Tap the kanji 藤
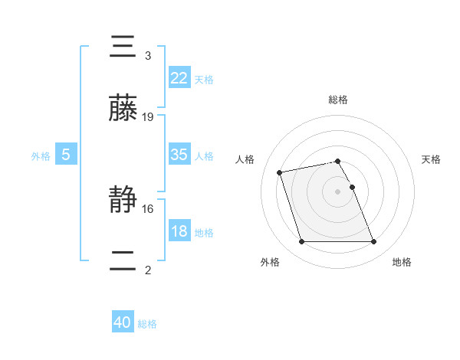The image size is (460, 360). [123, 109]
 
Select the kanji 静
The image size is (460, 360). [123, 201]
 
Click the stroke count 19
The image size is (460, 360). [148, 117]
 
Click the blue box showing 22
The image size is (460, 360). [179, 77]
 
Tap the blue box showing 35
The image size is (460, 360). [179, 155]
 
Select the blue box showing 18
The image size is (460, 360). [179, 231]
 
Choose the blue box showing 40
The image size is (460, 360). [123, 322]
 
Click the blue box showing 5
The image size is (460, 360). [66, 155]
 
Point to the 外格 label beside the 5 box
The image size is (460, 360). [41, 155]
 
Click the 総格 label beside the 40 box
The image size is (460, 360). [147, 324]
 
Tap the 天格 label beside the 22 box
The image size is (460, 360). [204, 79]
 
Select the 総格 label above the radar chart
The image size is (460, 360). [338, 100]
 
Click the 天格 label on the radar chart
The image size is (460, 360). [432, 159]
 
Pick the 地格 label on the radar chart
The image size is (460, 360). [402, 262]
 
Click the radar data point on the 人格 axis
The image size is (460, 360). [280, 172]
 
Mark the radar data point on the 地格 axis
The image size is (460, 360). [373, 242]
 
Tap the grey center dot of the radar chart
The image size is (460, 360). [338, 191]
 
